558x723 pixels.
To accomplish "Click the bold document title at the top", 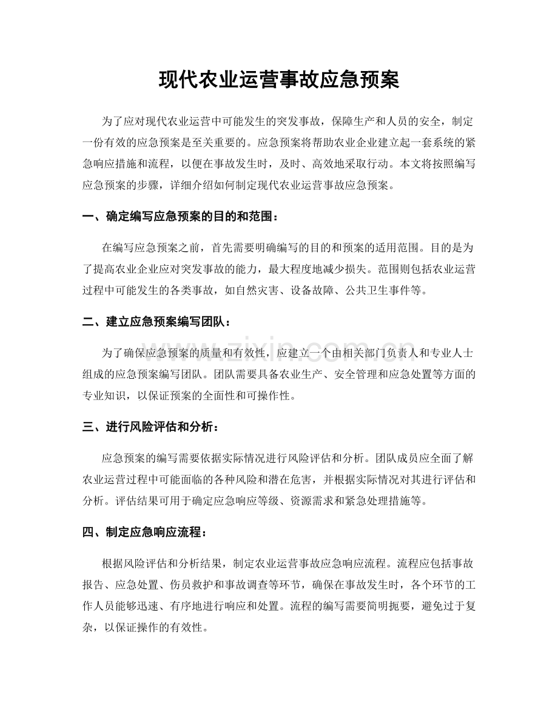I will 278,80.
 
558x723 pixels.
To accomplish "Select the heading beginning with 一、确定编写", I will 181,216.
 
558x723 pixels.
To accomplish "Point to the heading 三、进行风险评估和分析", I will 149,428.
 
